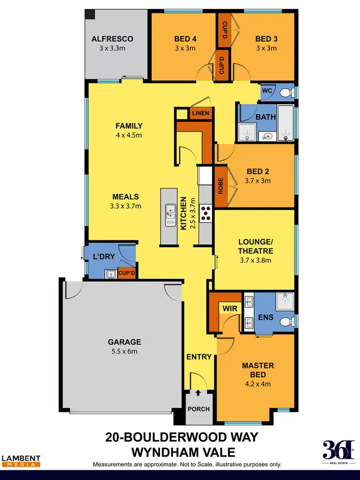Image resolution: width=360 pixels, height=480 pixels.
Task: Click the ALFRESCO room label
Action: (112, 39)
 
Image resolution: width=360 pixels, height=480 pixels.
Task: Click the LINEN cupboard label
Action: (199, 113)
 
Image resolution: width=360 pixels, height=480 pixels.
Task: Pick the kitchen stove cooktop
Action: (206, 212)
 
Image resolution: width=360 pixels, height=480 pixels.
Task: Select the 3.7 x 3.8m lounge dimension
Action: (255, 261)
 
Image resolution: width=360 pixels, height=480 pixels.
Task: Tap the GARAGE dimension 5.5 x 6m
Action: (124, 351)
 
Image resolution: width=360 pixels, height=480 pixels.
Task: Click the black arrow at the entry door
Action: (198, 392)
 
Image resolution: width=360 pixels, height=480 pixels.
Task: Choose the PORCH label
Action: (198, 409)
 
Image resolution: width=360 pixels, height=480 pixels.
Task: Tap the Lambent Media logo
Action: (21, 461)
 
